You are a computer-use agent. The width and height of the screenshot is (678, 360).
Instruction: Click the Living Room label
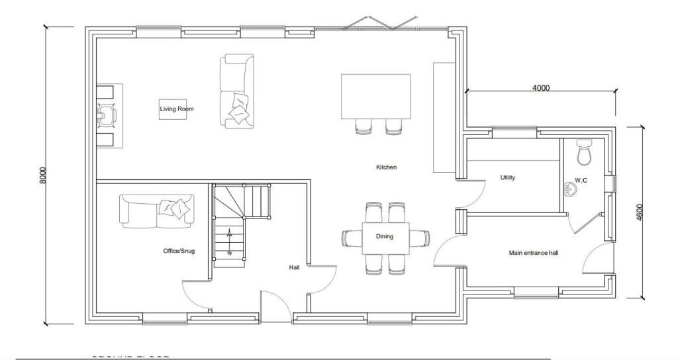pyautogui.click(x=176, y=109)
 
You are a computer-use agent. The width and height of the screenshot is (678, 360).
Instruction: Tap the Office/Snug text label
pyautogui.click(x=179, y=251)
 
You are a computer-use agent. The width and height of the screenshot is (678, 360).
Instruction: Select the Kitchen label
pyautogui.click(x=386, y=167)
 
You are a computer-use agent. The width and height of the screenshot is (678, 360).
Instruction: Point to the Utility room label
pyautogui.click(x=508, y=177)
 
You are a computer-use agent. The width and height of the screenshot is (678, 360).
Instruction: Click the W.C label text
pyautogui.click(x=581, y=180)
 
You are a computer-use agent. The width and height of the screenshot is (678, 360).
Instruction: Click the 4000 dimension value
pyautogui.click(x=541, y=88)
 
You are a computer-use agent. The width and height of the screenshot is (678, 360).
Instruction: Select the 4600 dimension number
pyautogui.click(x=640, y=212)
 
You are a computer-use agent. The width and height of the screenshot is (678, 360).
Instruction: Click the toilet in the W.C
pyautogui.click(x=584, y=152)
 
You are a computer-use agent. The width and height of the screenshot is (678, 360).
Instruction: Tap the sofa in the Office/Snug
pyautogui.click(x=157, y=210)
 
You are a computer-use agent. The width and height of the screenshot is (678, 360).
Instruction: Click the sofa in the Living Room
pyautogui.click(x=236, y=91)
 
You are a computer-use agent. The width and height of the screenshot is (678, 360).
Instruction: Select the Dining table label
pyautogui.click(x=385, y=236)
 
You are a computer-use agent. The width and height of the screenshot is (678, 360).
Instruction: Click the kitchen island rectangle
pyautogui.click(x=375, y=96)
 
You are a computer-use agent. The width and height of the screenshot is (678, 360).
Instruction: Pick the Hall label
pyautogui.click(x=294, y=267)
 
